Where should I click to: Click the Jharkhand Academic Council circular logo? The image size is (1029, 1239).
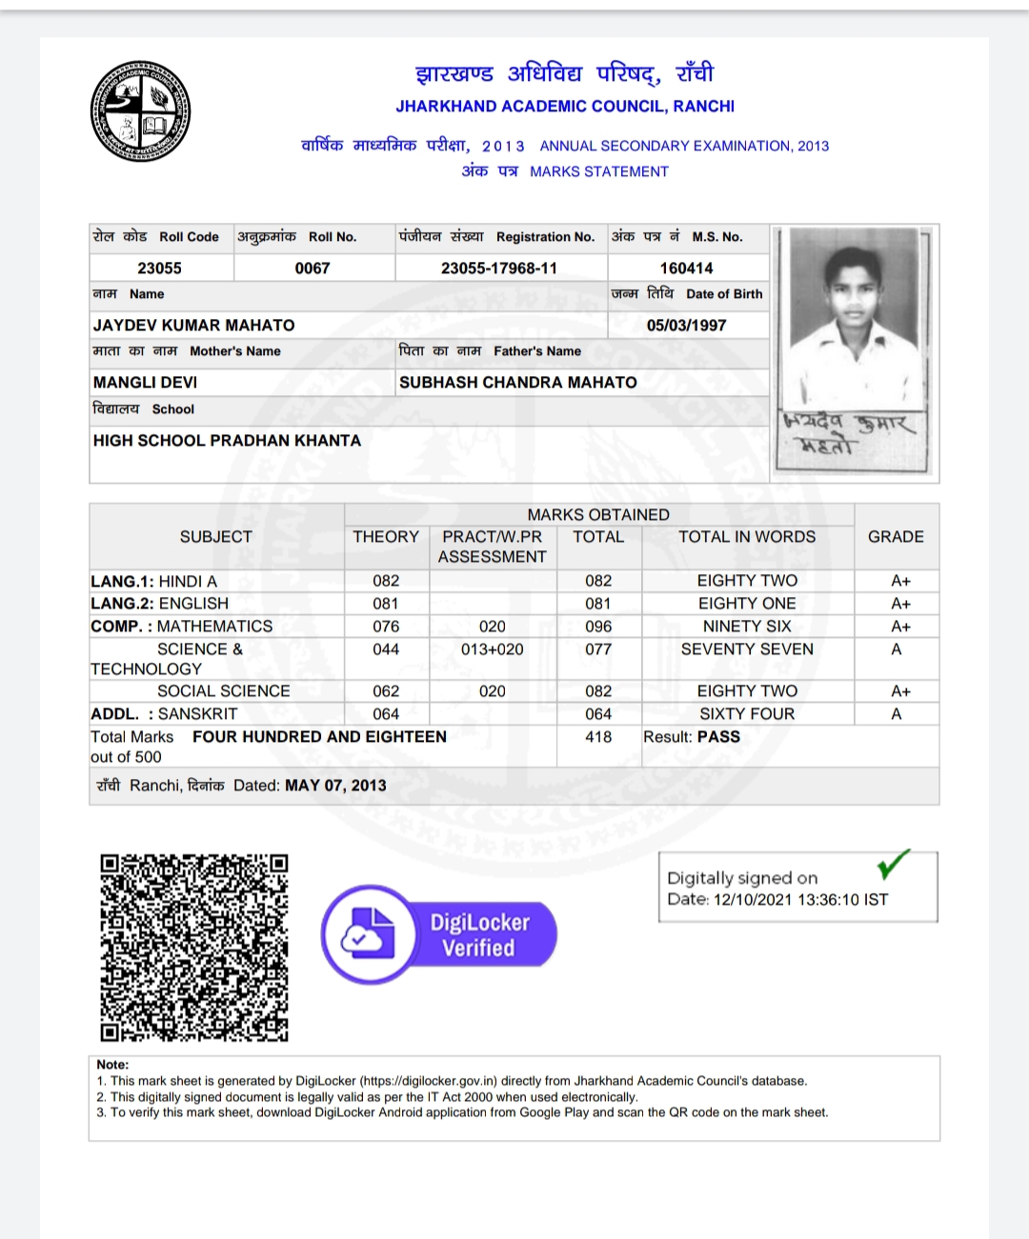pos(140,110)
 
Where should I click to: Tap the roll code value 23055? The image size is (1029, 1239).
pos(159,269)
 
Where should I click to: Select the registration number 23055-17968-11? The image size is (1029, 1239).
pos(498,269)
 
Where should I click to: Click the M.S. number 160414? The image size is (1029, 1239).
pos(686,269)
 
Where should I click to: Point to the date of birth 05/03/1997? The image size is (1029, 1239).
pos(686,326)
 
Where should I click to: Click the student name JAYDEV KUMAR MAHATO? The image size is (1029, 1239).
pos(193,326)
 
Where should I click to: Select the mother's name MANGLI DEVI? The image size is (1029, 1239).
pos(145,383)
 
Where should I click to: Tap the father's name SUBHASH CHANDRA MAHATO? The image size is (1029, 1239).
pos(517,383)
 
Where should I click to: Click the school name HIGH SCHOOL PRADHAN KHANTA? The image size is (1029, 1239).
pos(227,441)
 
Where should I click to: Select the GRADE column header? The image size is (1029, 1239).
pos(896,537)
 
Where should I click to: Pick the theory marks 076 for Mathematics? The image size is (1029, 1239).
pos(386,627)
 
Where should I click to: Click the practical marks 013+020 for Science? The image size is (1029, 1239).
pos(492,649)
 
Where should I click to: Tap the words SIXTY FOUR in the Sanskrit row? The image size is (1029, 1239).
pos(747,714)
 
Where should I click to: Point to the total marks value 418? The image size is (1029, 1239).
pos(598,737)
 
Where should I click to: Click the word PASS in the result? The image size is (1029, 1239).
pos(718,737)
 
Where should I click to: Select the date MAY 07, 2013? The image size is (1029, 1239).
pos(335,786)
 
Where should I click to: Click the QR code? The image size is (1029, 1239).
pos(194,948)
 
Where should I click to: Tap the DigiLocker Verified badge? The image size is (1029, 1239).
pos(439,934)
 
